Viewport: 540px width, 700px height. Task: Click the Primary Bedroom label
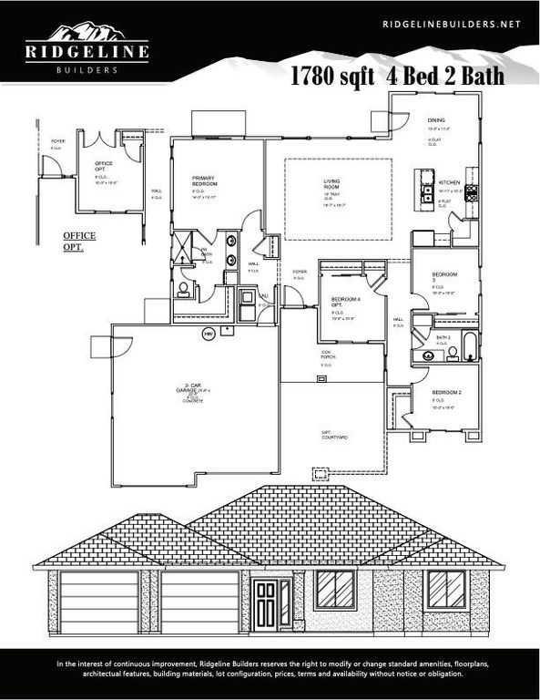click(x=205, y=180)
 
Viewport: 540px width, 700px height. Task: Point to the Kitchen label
click(x=450, y=183)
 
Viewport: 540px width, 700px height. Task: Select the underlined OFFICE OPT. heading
click(x=79, y=241)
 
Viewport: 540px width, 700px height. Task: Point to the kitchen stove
click(x=472, y=192)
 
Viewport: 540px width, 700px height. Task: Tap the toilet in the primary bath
click(x=185, y=290)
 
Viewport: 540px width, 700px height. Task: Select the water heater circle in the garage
click(x=208, y=334)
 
